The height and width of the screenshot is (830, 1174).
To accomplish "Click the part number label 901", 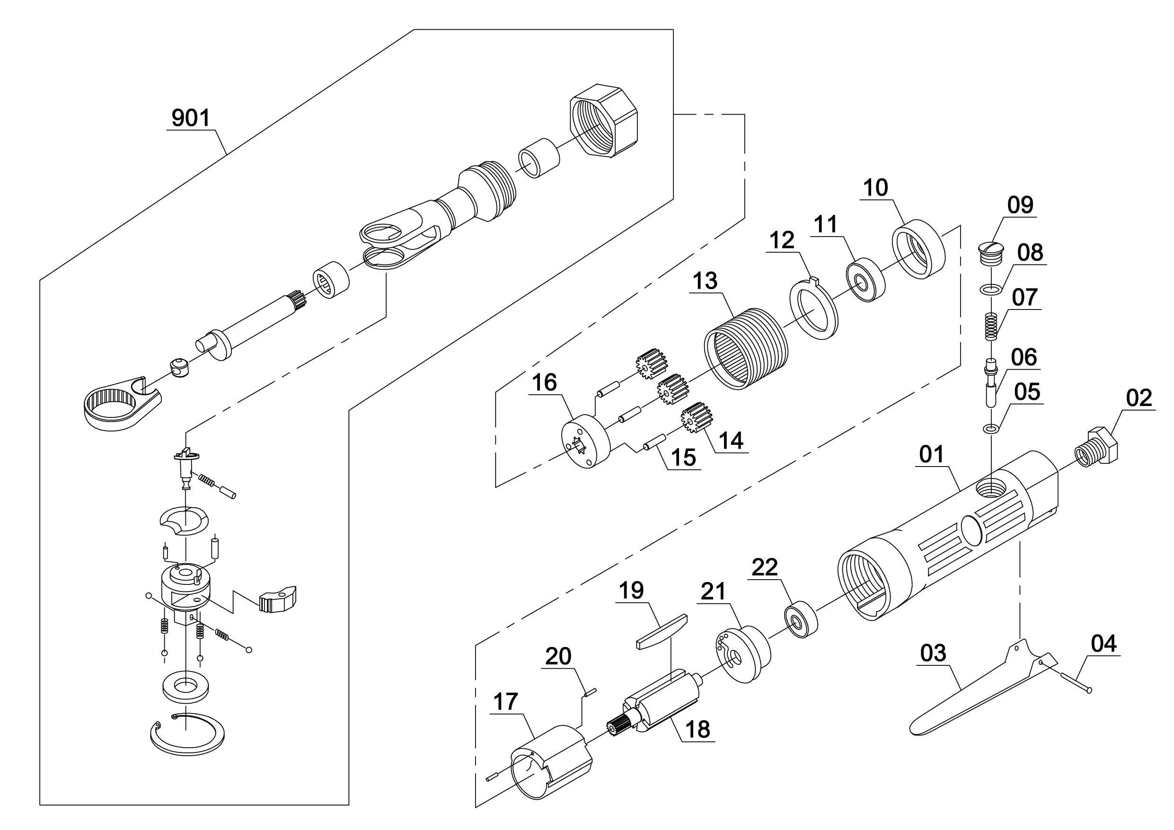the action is (x=191, y=118).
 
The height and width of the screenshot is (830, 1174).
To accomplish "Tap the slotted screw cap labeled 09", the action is (x=990, y=253).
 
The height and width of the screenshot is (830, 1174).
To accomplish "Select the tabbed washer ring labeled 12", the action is (x=814, y=308).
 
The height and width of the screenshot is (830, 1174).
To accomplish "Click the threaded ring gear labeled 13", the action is (x=747, y=349).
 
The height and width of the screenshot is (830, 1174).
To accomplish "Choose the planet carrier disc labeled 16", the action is (x=585, y=440).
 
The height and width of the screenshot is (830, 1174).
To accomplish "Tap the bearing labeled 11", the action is (x=865, y=281).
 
